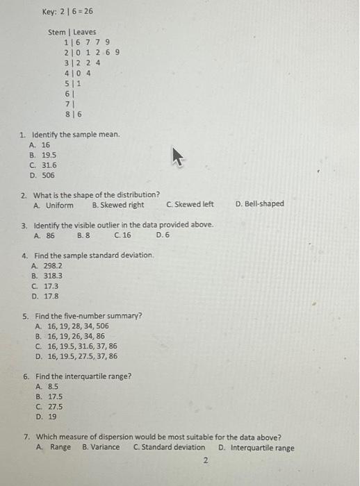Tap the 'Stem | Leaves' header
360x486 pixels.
coord(72,32)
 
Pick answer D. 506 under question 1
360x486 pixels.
coord(42,175)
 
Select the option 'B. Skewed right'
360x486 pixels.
coord(118,205)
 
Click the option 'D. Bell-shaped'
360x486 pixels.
coord(259,204)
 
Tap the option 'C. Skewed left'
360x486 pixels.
coord(190,205)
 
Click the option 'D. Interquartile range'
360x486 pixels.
coord(255,448)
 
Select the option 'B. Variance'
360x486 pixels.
coord(101,448)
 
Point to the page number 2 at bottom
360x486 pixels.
coord(206,460)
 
